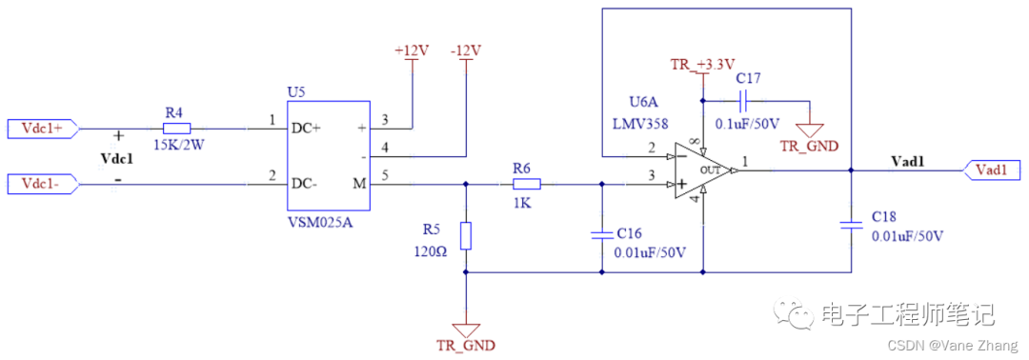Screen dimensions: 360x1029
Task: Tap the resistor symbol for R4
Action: point(175,128)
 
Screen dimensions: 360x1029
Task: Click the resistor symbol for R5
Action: point(465,235)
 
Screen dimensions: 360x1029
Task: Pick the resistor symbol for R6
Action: point(527,184)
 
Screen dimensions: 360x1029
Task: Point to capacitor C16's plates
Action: point(601,232)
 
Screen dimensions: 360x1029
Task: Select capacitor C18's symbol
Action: point(850,225)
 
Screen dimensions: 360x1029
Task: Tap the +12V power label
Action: point(412,50)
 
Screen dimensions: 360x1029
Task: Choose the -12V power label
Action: point(465,50)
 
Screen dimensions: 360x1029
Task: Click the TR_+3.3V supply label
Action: point(702,64)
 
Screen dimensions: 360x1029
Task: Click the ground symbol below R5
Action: point(465,324)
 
